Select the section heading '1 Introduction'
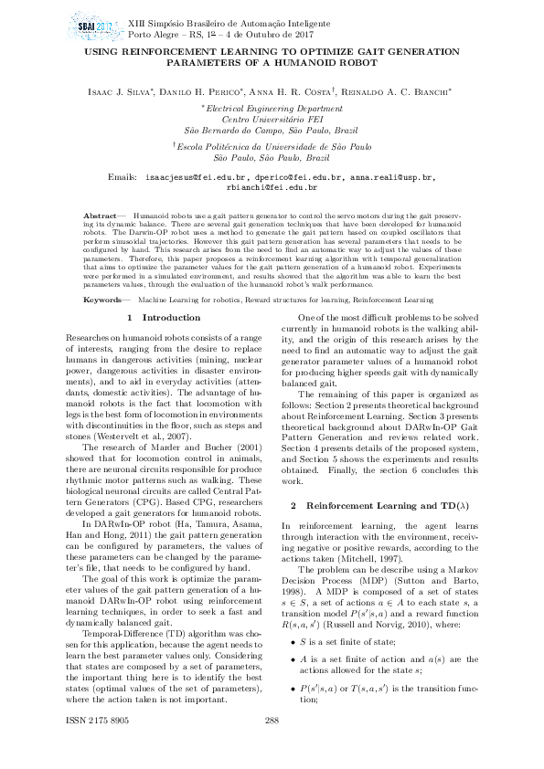point(165,317)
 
